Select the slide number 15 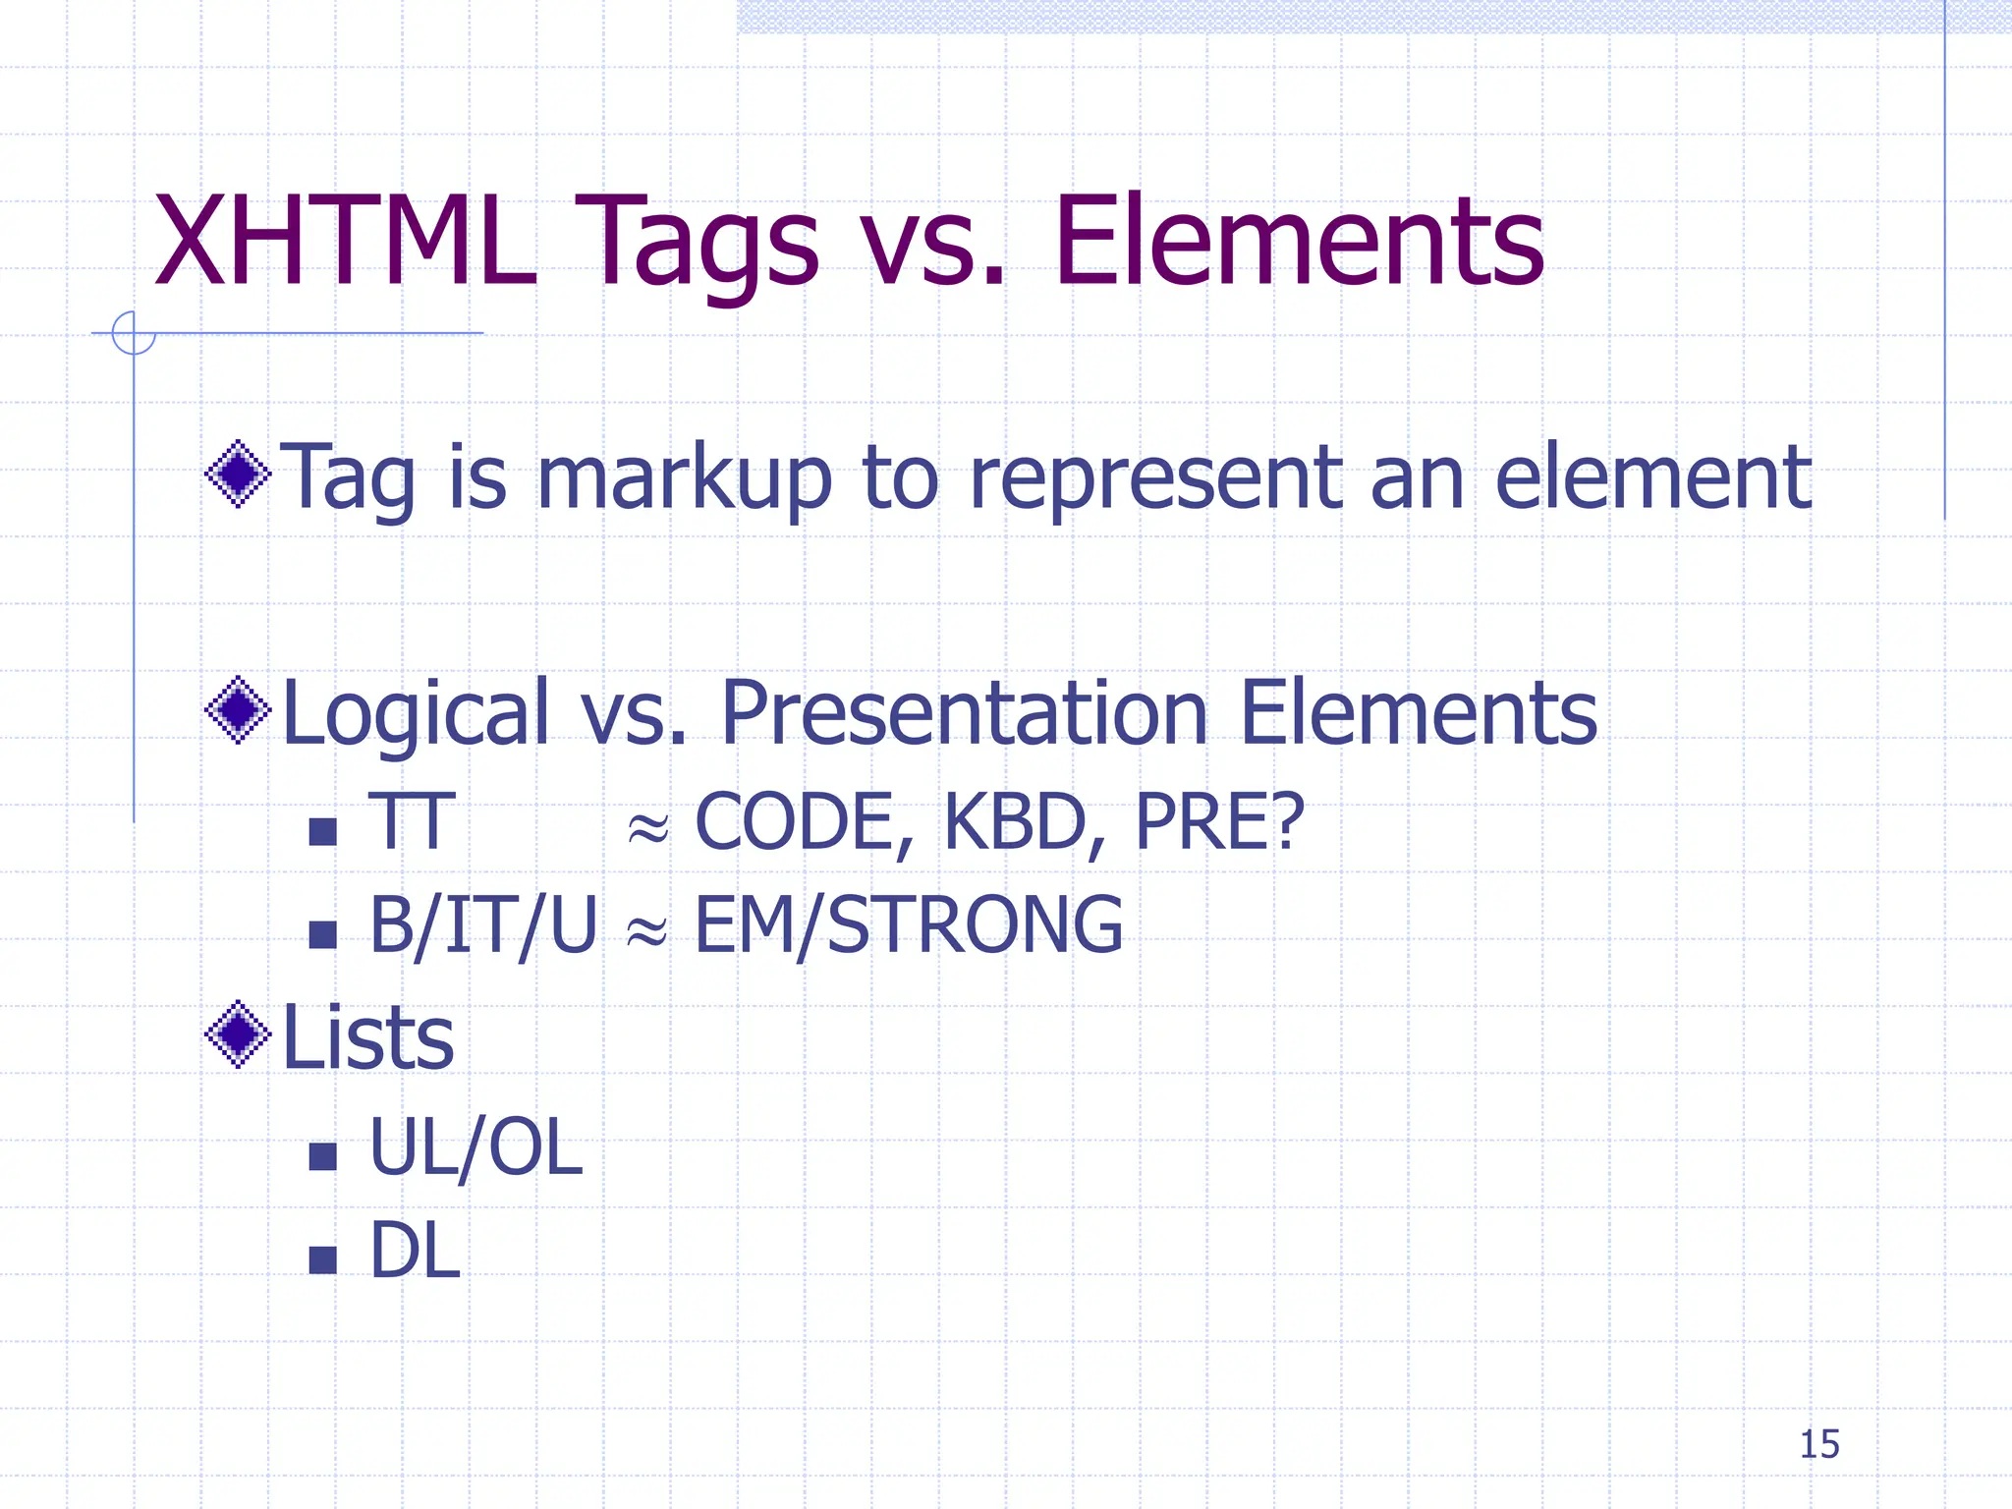click(1818, 1444)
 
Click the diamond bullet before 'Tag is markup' click(238, 475)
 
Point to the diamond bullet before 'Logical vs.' click(238, 709)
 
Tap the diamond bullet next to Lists click(238, 1034)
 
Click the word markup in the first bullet click(685, 479)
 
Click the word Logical click(415, 715)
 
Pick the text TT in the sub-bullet click(412, 821)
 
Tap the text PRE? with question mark click(1219, 821)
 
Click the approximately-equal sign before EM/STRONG click(647, 928)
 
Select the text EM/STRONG click(909, 925)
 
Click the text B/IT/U click(482, 925)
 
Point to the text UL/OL click(475, 1147)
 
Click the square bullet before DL click(322, 1259)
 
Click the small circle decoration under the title click(134, 332)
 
